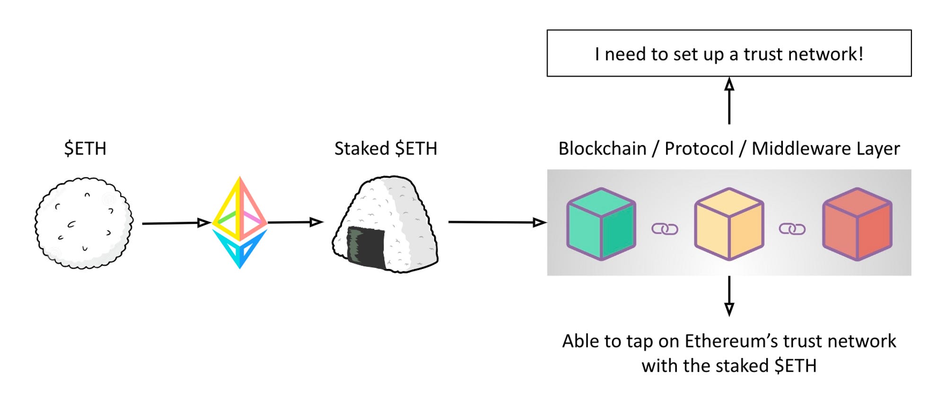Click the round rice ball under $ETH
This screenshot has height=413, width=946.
coord(84,223)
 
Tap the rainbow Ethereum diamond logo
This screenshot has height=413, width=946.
coord(240,222)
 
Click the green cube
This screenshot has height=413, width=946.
coord(601,224)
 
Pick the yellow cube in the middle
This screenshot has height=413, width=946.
coord(729,224)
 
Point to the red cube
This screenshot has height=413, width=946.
coord(857,224)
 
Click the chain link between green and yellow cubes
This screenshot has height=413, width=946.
coord(665,229)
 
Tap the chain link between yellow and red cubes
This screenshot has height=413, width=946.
coord(792,229)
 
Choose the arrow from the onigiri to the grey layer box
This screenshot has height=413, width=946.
coord(497,222)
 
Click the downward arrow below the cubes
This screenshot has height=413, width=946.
coord(729,296)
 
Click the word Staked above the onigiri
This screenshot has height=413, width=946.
coord(362,149)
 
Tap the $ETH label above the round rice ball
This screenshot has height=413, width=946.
coord(86,149)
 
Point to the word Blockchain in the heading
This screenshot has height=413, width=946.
coord(602,149)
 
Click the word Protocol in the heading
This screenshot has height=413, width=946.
coord(699,149)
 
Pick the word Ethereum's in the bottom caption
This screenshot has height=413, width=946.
coord(731,341)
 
